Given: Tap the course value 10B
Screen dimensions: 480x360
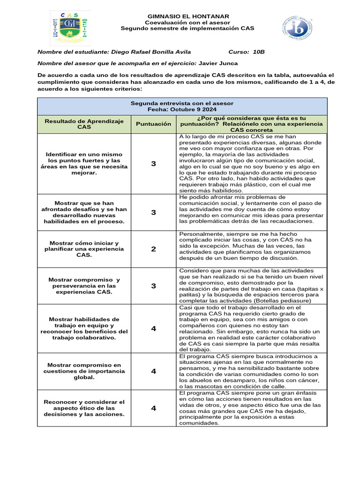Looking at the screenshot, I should point(259,52).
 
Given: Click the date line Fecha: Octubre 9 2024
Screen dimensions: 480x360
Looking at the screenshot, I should point(182,109).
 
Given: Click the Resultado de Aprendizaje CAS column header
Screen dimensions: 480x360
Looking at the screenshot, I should point(84,124).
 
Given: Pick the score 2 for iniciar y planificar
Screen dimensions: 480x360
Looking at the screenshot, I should point(153,249).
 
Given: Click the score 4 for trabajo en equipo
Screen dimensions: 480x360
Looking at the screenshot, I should point(153,329).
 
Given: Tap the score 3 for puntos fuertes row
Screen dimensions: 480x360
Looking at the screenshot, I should point(153,164).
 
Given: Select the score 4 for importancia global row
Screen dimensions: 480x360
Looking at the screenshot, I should point(153,371).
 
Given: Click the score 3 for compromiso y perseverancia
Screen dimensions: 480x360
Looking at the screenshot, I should point(153,285).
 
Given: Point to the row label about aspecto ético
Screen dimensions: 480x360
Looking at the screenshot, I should point(84,408).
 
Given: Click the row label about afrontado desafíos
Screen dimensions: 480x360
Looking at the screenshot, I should point(84,212).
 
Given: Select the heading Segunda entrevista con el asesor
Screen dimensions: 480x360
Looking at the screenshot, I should point(182,103).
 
